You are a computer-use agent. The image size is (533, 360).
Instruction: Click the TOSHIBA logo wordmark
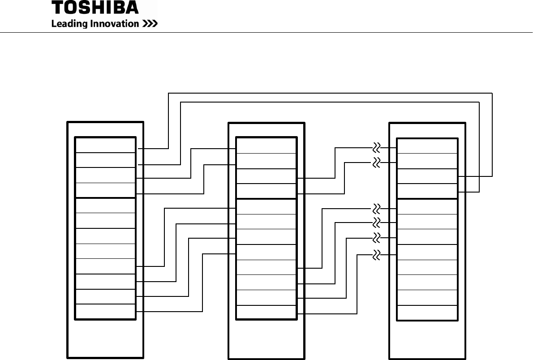click(x=95, y=8)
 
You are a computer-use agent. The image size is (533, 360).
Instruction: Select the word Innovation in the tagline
click(x=117, y=24)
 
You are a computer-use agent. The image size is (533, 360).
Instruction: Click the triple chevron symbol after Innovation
click(x=150, y=24)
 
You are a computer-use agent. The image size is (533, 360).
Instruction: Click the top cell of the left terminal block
click(x=105, y=146)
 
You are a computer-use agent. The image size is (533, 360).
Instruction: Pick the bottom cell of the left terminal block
click(x=105, y=312)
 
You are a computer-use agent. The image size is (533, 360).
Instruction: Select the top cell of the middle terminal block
click(x=266, y=146)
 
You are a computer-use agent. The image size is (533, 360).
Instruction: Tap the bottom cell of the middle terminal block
click(x=266, y=312)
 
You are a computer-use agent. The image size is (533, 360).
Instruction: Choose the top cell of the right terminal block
click(x=427, y=146)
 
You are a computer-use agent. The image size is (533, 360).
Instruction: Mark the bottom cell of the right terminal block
click(x=427, y=313)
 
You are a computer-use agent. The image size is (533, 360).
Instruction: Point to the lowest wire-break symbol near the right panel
click(x=377, y=255)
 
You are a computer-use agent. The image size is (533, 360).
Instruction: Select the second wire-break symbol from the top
click(x=377, y=162)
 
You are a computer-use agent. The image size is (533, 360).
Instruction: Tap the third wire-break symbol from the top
click(x=377, y=209)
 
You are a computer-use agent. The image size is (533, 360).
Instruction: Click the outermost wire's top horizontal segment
click(x=330, y=93)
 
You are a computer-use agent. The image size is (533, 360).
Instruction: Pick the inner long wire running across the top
click(x=330, y=103)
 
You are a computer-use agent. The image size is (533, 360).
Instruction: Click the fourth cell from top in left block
click(x=105, y=190)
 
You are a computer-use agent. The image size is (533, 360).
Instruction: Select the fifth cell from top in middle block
click(x=266, y=207)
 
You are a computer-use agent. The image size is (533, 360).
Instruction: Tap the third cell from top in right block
click(x=427, y=176)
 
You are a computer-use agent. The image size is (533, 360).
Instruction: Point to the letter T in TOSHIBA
click(x=58, y=8)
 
